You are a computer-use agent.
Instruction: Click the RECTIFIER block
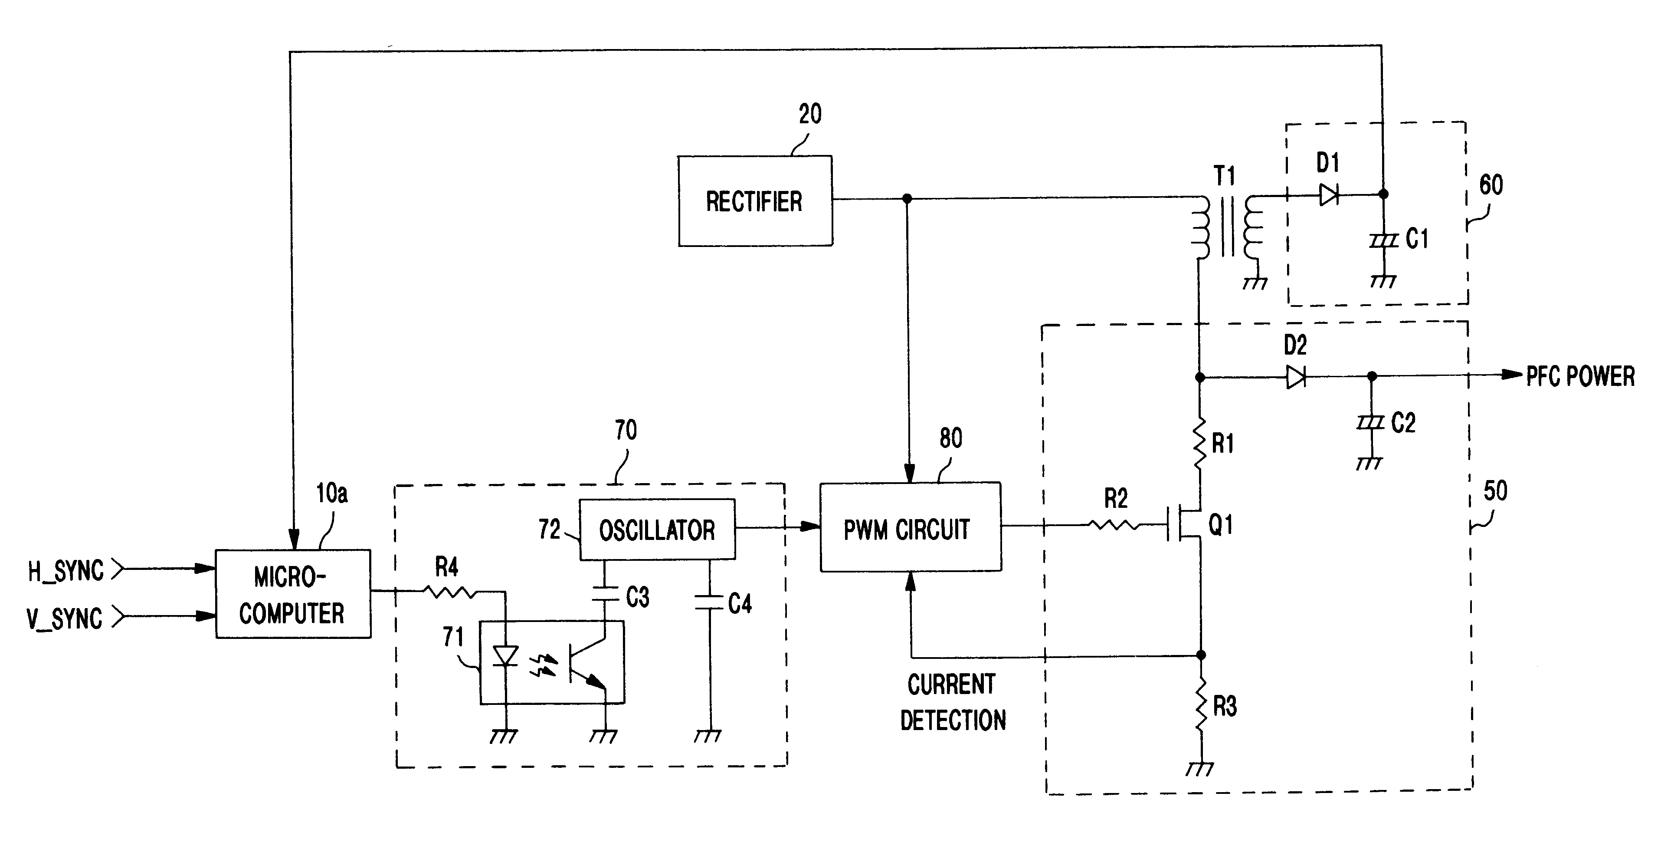pos(755,201)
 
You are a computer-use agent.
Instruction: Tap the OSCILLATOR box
pos(657,530)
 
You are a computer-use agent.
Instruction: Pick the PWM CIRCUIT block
pos(911,527)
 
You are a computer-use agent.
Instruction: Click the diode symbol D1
pos(1328,194)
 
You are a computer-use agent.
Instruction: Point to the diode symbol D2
pos(1296,377)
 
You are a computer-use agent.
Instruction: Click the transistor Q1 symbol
pos(1185,524)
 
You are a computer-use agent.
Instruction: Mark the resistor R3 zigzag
pos(1201,706)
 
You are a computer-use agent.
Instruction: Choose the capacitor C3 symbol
pos(605,593)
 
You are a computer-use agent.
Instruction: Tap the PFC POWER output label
pos(1580,376)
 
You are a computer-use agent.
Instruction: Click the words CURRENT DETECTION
pos(952,702)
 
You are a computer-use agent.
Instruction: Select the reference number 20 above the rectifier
pos(810,114)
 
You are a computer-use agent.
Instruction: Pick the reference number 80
pos(951,438)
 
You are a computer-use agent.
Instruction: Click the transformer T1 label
pos(1225,175)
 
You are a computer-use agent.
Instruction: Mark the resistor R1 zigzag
pos(1199,443)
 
